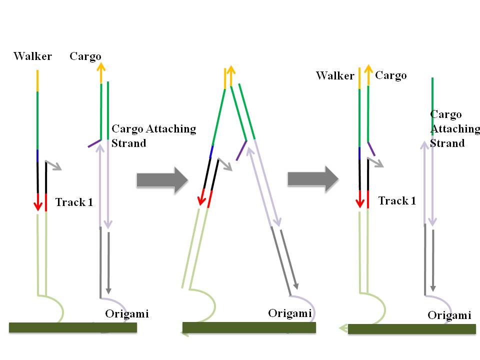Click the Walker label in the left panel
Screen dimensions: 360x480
pyautogui.click(x=32, y=56)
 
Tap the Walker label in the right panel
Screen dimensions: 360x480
pyautogui.click(x=335, y=76)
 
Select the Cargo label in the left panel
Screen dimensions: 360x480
pyautogui.click(x=85, y=56)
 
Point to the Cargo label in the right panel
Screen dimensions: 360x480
pyautogui.click(x=390, y=75)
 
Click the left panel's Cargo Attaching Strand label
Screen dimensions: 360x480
pyautogui.click(x=153, y=136)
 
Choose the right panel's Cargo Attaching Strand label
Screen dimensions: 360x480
pyautogui.click(x=454, y=129)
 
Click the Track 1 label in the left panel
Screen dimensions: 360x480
pyautogui.click(x=74, y=202)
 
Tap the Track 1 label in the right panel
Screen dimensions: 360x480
pyautogui.click(x=397, y=201)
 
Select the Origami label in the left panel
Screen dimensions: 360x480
pyautogui.click(x=127, y=314)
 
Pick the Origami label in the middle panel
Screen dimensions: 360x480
pyautogui.click(x=290, y=313)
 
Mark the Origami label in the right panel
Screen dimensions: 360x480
pyautogui.click(x=449, y=315)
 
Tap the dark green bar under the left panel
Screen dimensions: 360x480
pyautogui.click(x=73, y=327)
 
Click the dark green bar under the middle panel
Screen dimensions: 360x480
pyautogui.click(x=249, y=327)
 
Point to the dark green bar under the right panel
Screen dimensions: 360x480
pyautogui.click(x=411, y=329)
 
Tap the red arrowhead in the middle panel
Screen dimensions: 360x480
pyautogui.click(x=201, y=201)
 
